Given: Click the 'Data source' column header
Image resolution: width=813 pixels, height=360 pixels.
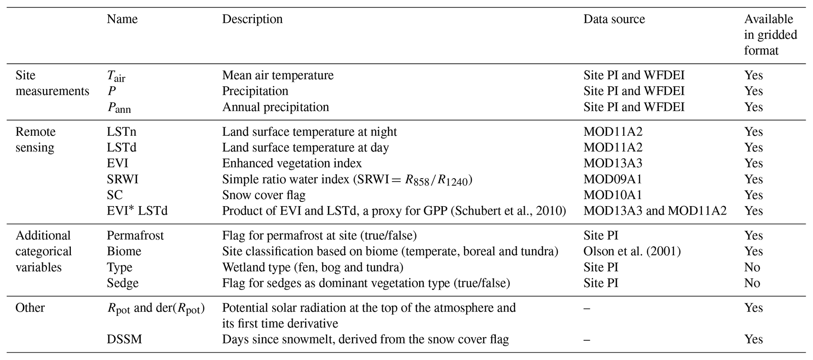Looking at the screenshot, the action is coord(614,19).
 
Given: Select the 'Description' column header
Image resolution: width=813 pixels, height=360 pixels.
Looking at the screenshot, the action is coord(252,19).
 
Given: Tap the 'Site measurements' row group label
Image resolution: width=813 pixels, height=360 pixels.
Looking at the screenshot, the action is coord(52,83).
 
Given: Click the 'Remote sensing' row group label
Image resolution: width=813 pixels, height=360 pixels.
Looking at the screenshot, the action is coord(35,140).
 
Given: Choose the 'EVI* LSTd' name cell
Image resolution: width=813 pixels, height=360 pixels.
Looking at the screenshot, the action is coord(137,211).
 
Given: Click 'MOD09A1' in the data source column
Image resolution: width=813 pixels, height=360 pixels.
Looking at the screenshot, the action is coord(612,179).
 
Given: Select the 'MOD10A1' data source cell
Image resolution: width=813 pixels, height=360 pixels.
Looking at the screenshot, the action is coord(612,195).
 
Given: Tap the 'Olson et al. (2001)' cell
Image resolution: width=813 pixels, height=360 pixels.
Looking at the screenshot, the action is coord(632,251).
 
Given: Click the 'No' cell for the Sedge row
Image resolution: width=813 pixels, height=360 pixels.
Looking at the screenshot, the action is coord(752,283).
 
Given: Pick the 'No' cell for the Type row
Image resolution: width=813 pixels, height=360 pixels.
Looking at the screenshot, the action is coord(752,268).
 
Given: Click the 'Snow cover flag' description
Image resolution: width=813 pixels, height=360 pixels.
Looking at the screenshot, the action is coord(264,195).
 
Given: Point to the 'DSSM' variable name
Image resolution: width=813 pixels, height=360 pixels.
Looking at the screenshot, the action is coord(124,339).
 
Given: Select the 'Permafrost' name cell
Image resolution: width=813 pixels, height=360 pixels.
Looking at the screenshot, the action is coord(135,236).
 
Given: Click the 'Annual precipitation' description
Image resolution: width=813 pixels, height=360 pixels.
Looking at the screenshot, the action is coord(275,107).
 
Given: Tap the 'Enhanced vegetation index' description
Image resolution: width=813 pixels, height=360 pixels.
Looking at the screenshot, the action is coord(292,163).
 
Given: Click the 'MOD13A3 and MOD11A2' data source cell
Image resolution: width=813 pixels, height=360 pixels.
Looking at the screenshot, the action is coord(654,211).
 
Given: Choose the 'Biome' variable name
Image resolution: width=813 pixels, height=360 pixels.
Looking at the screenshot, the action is coord(124,251).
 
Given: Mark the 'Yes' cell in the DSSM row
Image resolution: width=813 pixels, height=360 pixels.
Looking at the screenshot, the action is coord(753,339).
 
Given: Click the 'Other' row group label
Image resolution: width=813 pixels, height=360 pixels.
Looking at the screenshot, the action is coord(30,308).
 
